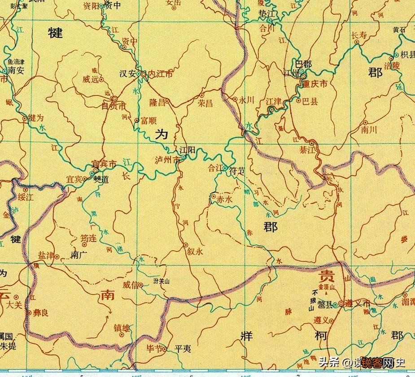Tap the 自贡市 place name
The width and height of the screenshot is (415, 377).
click(x=114, y=106)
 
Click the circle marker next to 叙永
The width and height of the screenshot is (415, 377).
click(x=185, y=245)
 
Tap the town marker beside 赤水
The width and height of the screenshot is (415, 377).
click(x=214, y=196)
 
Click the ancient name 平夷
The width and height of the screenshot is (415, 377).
click(x=183, y=348)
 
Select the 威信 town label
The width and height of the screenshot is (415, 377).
click(x=131, y=285)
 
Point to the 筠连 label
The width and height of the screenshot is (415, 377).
click(x=88, y=238)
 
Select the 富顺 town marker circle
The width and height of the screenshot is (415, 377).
click(x=137, y=120)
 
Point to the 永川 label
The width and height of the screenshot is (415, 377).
click(x=246, y=100)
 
